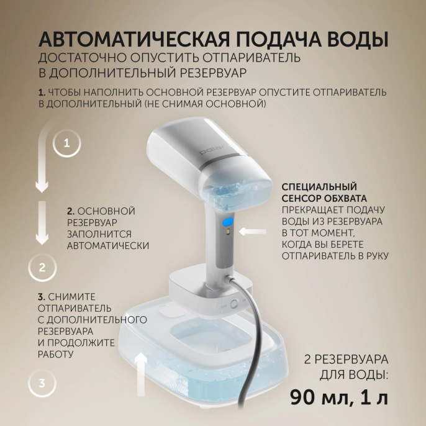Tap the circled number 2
tap(42, 268)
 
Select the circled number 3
tap(42, 383)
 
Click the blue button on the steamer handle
tap(227, 221)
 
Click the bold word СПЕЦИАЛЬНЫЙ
tap(319, 187)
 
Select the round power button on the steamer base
tap(234, 305)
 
